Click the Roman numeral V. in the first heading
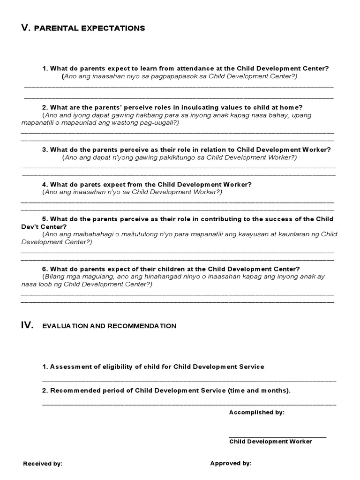pos(26,28)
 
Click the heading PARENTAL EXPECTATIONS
pos(90,29)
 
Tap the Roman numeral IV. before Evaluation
pos(27,325)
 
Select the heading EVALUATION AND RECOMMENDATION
pos(109,326)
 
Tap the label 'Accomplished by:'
pos(256,412)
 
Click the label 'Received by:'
pos(43,464)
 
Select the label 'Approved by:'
pos(231,463)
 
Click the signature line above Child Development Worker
pos(277,437)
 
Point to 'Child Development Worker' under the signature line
pos(270,442)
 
